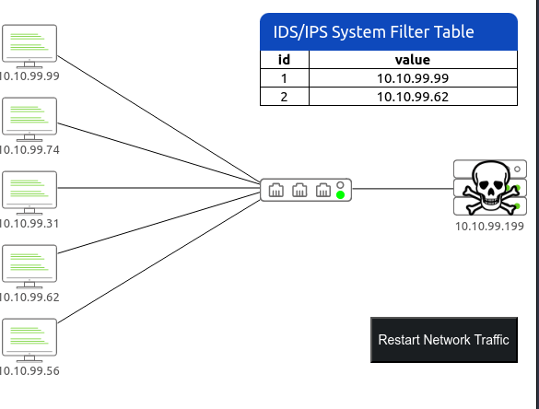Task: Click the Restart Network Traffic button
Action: [x=444, y=340]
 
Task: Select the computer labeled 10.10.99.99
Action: [x=29, y=46]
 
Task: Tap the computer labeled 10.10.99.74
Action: [x=29, y=120]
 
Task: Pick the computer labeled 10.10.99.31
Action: [x=29, y=193]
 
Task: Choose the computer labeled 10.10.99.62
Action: [x=29, y=267]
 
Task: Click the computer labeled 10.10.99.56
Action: [x=29, y=340]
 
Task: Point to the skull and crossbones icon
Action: [x=490, y=187]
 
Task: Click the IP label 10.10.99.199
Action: [x=489, y=227]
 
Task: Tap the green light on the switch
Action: [x=340, y=195]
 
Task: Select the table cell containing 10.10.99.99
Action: [x=413, y=78]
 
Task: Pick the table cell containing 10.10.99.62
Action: [x=413, y=97]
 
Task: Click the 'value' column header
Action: [x=413, y=60]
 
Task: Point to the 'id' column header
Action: [x=285, y=60]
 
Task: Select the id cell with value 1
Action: [x=285, y=78]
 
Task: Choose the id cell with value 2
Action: [x=285, y=97]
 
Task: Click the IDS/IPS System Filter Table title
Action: [x=374, y=32]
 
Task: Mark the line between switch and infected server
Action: [x=403, y=188]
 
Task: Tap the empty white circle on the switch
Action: [x=340, y=185]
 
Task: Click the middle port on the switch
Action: [x=299, y=190]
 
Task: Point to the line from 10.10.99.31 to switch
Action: [x=158, y=188]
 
